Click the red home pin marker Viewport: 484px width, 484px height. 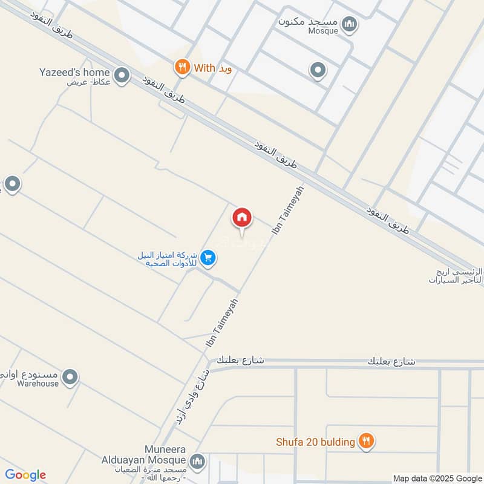[x=242, y=218]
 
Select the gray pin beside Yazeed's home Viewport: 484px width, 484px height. [x=122, y=76]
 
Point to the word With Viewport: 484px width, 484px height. [x=204, y=68]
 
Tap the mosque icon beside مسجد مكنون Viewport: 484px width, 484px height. [x=349, y=25]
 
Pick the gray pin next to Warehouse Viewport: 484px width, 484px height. [x=71, y=378]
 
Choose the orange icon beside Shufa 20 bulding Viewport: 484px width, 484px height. [x=365, y=442]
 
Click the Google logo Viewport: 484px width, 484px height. [x=25, y=475]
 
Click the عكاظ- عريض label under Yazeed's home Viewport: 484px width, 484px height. [x=87, y=83]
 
